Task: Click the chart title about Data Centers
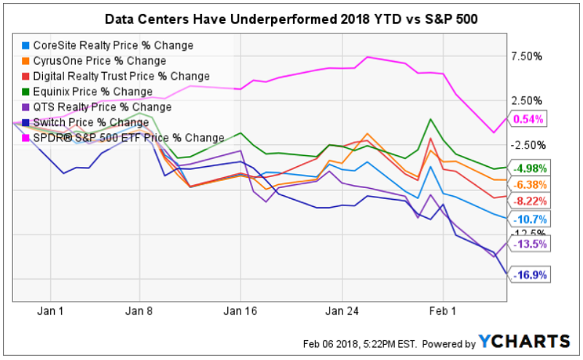click(x=291, y=17)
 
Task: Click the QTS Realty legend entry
click(x=103, y=106)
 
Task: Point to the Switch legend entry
click(x=91, y=122)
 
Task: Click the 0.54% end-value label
click(x=528, y=120)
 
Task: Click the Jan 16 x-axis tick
click(x=241, y=310)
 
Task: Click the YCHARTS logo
click(x=524, y=341)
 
